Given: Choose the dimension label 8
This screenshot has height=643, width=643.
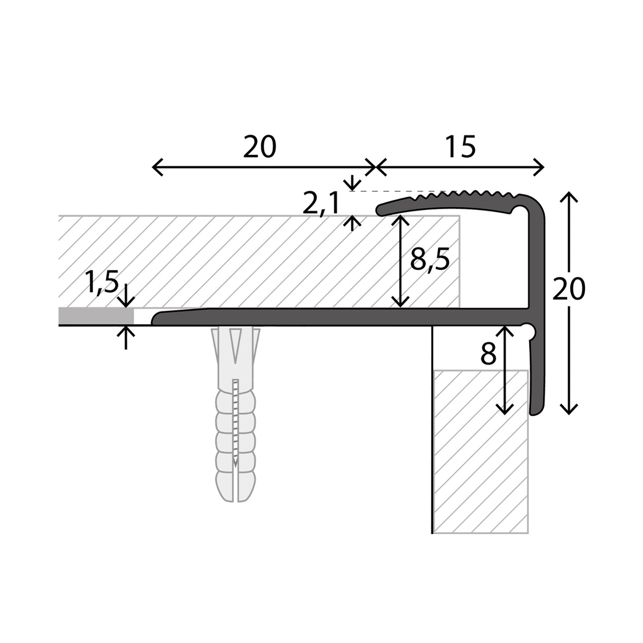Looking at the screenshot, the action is tap(489, 354).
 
